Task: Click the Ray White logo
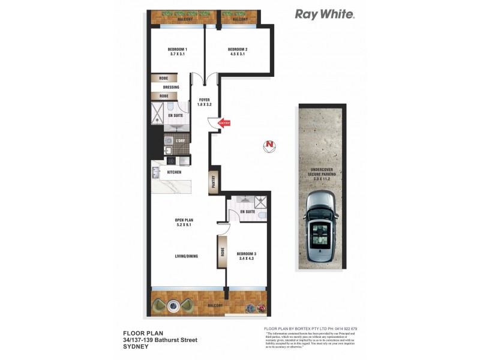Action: coord(325,14)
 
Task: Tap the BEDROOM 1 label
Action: coord(178,49)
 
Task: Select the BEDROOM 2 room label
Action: coord(238,49)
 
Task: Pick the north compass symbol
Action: coord(270,145)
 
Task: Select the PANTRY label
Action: coord(212,182)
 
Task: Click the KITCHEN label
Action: coord(174,172)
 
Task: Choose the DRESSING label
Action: coord(171,87)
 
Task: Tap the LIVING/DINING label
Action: coord(187,256)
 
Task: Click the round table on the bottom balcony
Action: coord(174,305)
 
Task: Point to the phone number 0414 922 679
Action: coord(344,329)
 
